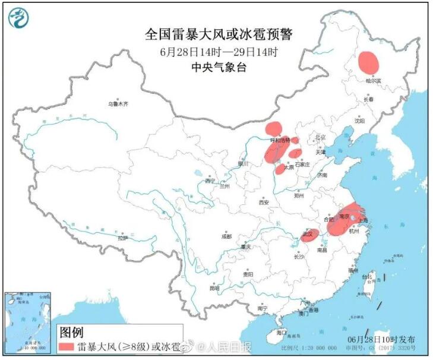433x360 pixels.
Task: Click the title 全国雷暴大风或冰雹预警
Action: pyautogui.click(x=219, y=34)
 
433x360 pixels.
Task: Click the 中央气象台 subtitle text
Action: pyautogui.click(x=219, y=67)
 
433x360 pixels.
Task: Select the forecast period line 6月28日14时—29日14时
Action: pyautogui.click(x=219, y=52)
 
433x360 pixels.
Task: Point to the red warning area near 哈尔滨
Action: pyautogui.click(x=368, y=61)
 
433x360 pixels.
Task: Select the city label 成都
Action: pyautogui.click(x=226, y=236)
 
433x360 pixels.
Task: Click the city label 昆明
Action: pyautogui.click(x=214, y=288)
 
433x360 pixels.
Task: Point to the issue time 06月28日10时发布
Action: pyautogui.click(x=381, y=339)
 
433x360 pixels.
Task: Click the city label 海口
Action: pyautogui.click(x=281, y=333)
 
